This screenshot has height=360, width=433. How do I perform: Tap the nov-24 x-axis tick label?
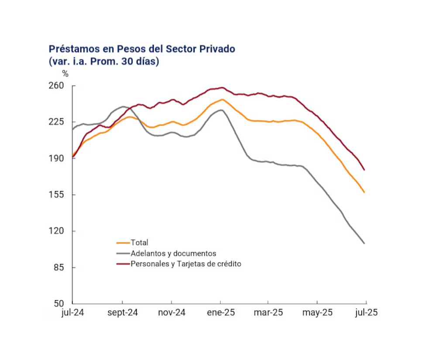[x=172, y=313]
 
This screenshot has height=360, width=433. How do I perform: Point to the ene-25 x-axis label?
[x=220, y=313]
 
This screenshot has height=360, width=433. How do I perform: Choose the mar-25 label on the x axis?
[x=268, y=313]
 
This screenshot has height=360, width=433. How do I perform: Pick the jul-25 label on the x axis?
[x=366, y=313]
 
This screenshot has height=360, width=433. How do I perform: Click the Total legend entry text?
[x=140, y=243]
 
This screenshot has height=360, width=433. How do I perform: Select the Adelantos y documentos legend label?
[x=173, y=253]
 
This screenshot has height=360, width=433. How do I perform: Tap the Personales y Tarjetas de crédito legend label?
[x=186, y=264]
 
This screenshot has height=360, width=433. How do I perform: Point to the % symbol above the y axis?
[x=65, y=74]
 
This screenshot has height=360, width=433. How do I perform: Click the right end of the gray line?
[x=364, y=243]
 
